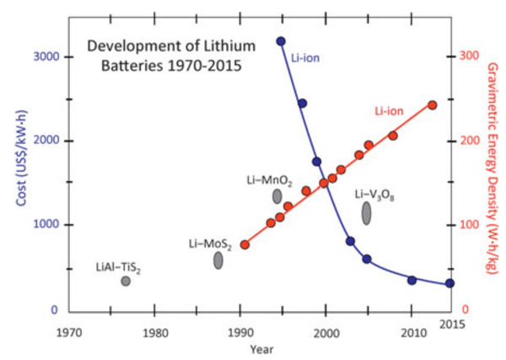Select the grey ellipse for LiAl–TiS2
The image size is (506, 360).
click(126, 281)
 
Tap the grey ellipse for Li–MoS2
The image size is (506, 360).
click(218, 261)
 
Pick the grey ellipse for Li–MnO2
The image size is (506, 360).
click(277, 196)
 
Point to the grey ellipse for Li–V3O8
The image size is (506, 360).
click(367, 213)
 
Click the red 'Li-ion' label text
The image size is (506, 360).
click(390, 110)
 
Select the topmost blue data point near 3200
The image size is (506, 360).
click(281, 40)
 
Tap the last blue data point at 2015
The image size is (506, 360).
click(450, 283)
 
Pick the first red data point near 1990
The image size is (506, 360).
click(245, 244)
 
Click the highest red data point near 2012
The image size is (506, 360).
click(433, 105)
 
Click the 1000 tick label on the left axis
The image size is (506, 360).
click(46, 225)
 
